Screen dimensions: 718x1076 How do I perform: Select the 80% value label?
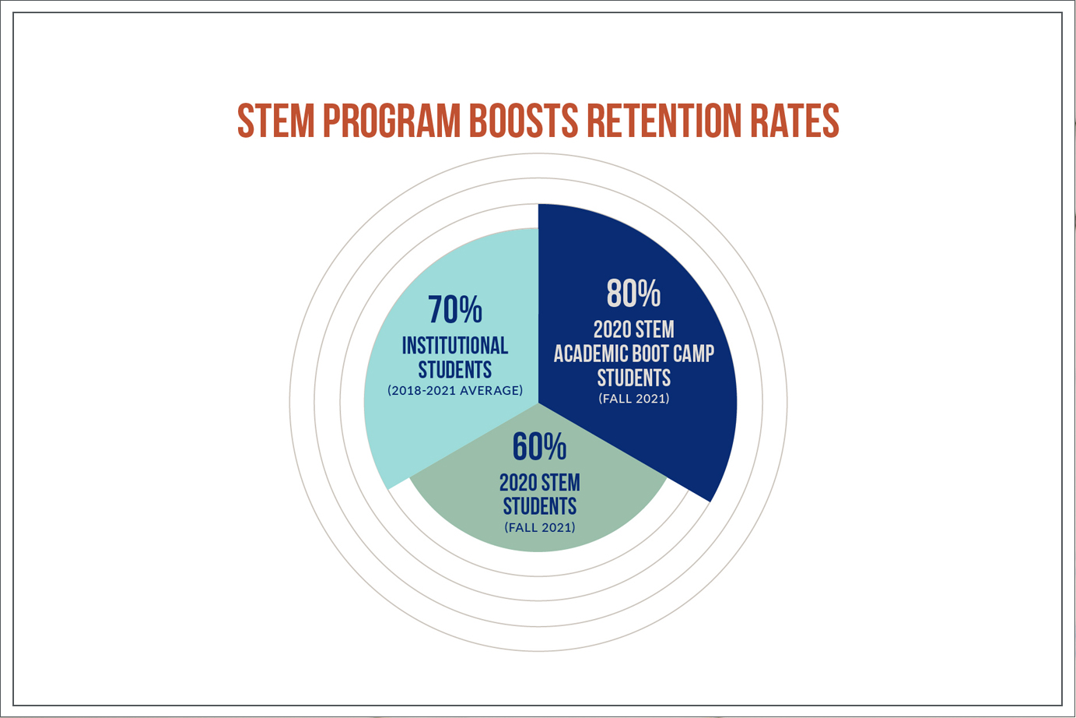633,294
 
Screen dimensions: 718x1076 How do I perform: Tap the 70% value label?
455,310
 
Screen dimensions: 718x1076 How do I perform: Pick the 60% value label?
539,447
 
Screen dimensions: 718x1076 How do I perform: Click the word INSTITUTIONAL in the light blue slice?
455,345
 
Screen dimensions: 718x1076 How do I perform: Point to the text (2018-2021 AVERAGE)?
455,390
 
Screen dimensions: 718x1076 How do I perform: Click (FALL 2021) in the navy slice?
633,399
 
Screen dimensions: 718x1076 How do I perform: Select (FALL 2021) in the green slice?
539,527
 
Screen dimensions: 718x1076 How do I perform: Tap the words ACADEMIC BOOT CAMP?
633,354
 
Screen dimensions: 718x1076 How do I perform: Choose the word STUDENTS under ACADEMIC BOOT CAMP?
633,378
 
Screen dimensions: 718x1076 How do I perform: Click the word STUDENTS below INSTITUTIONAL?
455,368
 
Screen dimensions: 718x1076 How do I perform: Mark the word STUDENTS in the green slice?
539,506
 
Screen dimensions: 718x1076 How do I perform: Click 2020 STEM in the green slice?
539,483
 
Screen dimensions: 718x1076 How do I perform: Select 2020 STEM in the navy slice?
633,329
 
